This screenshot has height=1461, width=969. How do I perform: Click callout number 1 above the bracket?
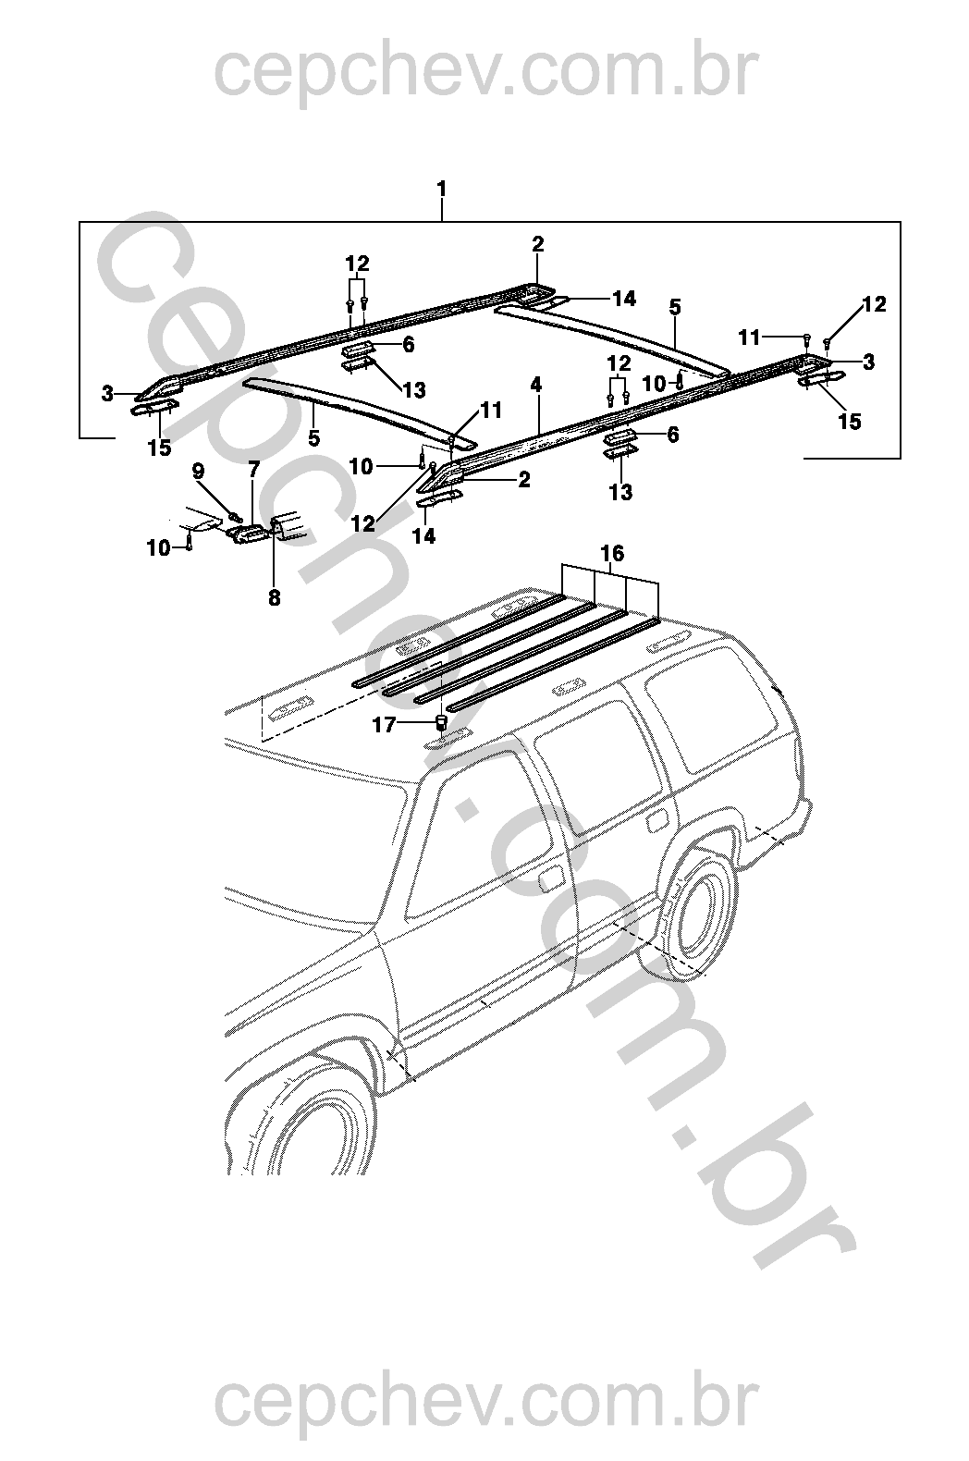click(x=442, y=189)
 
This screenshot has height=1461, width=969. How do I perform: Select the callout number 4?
click(x=536, y=384)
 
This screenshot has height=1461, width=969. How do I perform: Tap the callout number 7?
click(x=254, y=471)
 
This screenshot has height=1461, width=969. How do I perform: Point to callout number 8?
click(x=274, y=598)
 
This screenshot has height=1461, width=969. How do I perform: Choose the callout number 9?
click(x=198, y=471)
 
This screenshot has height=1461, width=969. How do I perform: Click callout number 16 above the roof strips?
click(x=612, y=554)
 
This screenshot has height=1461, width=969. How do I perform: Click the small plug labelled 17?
click(x=442, y=721)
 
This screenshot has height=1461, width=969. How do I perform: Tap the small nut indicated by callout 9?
click(x=234, y=514)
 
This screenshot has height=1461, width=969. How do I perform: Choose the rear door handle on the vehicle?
click(x=658, y=819)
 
